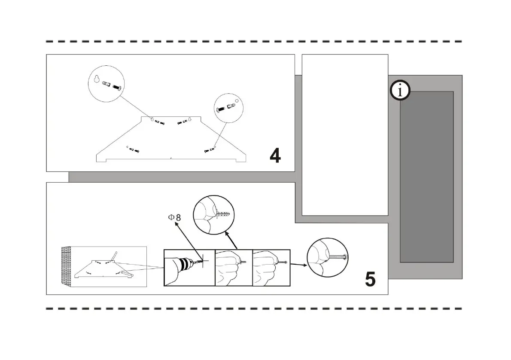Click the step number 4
pyautogui.click(x=275, y=156)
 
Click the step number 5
pyautogui.click(x=370, y=279)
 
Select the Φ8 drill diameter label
pyautogui.click(x=174, y=217)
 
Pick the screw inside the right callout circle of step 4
pyautogui.click(x=222, y=109)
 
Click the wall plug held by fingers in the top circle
pyautogui.click(x=224, y=214)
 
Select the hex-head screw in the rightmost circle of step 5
pyautogui.click(x=339, y=257)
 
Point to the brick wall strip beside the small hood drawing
pyautogui.click(x=66, y=266)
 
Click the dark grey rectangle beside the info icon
pyautogui.click(x=426, y=176)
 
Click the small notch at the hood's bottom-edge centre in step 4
pyautogui.click(x=171, y=159)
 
